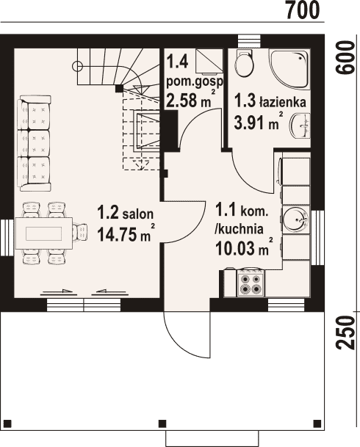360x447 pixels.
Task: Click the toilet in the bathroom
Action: pyautogui.click(x=244, y=63)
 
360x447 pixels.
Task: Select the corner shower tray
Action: pyautogui.click(x=289, y=69)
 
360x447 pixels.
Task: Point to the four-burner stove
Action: pyautogui.click(x=251, y=283)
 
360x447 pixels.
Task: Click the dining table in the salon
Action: pyautogui.click(x=43, y=233)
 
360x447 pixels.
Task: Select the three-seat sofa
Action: pyautogui.click(x=35, y=143)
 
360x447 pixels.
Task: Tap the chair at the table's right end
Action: pyautogui.click(x=80, y=233)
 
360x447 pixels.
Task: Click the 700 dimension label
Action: pyautogui.click(x=303, y=10)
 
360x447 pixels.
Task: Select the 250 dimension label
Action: pyautogui.click(x=345, y=332)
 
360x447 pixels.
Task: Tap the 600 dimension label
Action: pyautogui.click(x=345, y=57)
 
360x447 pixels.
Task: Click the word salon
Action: pyautogui.click(x=138, y=214)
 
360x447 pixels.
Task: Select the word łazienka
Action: pyautogui.click(x=282, y=102)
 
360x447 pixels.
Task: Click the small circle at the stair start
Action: pyautogui.click(x=77, y=66)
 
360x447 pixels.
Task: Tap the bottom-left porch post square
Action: pyautogui.click(x=8, y=423)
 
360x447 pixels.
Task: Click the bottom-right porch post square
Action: pyautogui.click(x=317, y=423)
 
